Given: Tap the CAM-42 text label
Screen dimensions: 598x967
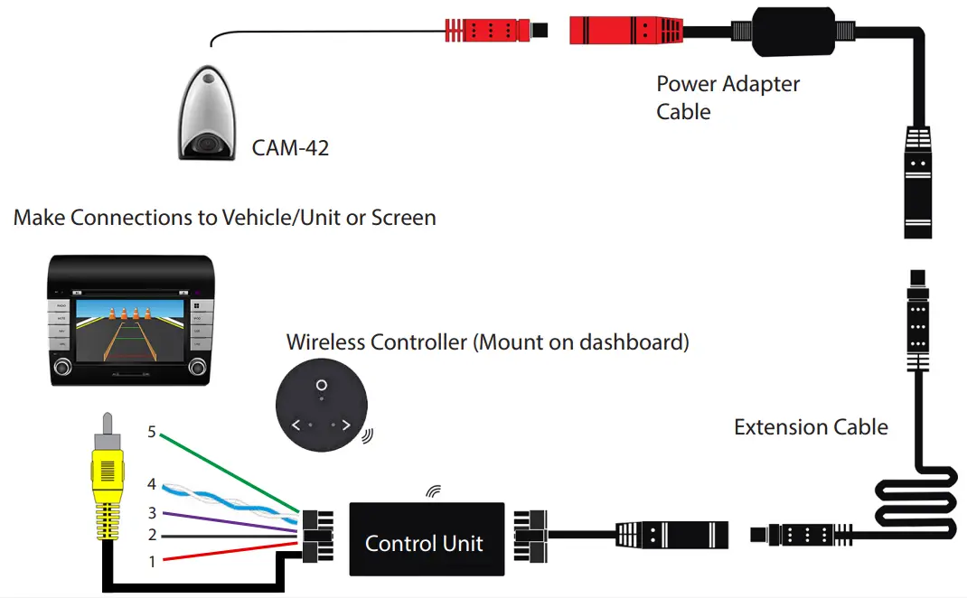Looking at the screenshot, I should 290,147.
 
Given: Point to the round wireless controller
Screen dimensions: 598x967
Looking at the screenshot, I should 320,407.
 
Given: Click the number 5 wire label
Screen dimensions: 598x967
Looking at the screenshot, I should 152,433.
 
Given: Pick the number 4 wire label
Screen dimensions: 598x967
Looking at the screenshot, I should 152,484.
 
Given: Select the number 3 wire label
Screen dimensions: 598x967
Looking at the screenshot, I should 152,513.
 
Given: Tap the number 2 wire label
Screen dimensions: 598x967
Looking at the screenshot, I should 152,536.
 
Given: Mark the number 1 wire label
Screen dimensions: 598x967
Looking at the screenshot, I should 152,562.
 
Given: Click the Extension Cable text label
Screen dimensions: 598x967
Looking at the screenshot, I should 811,427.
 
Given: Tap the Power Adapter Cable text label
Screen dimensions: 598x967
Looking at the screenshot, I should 728,98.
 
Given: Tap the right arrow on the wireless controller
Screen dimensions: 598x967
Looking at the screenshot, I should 346,424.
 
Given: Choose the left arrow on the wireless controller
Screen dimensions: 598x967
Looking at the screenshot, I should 296,424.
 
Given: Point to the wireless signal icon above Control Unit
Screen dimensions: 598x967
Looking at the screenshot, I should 434,491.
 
